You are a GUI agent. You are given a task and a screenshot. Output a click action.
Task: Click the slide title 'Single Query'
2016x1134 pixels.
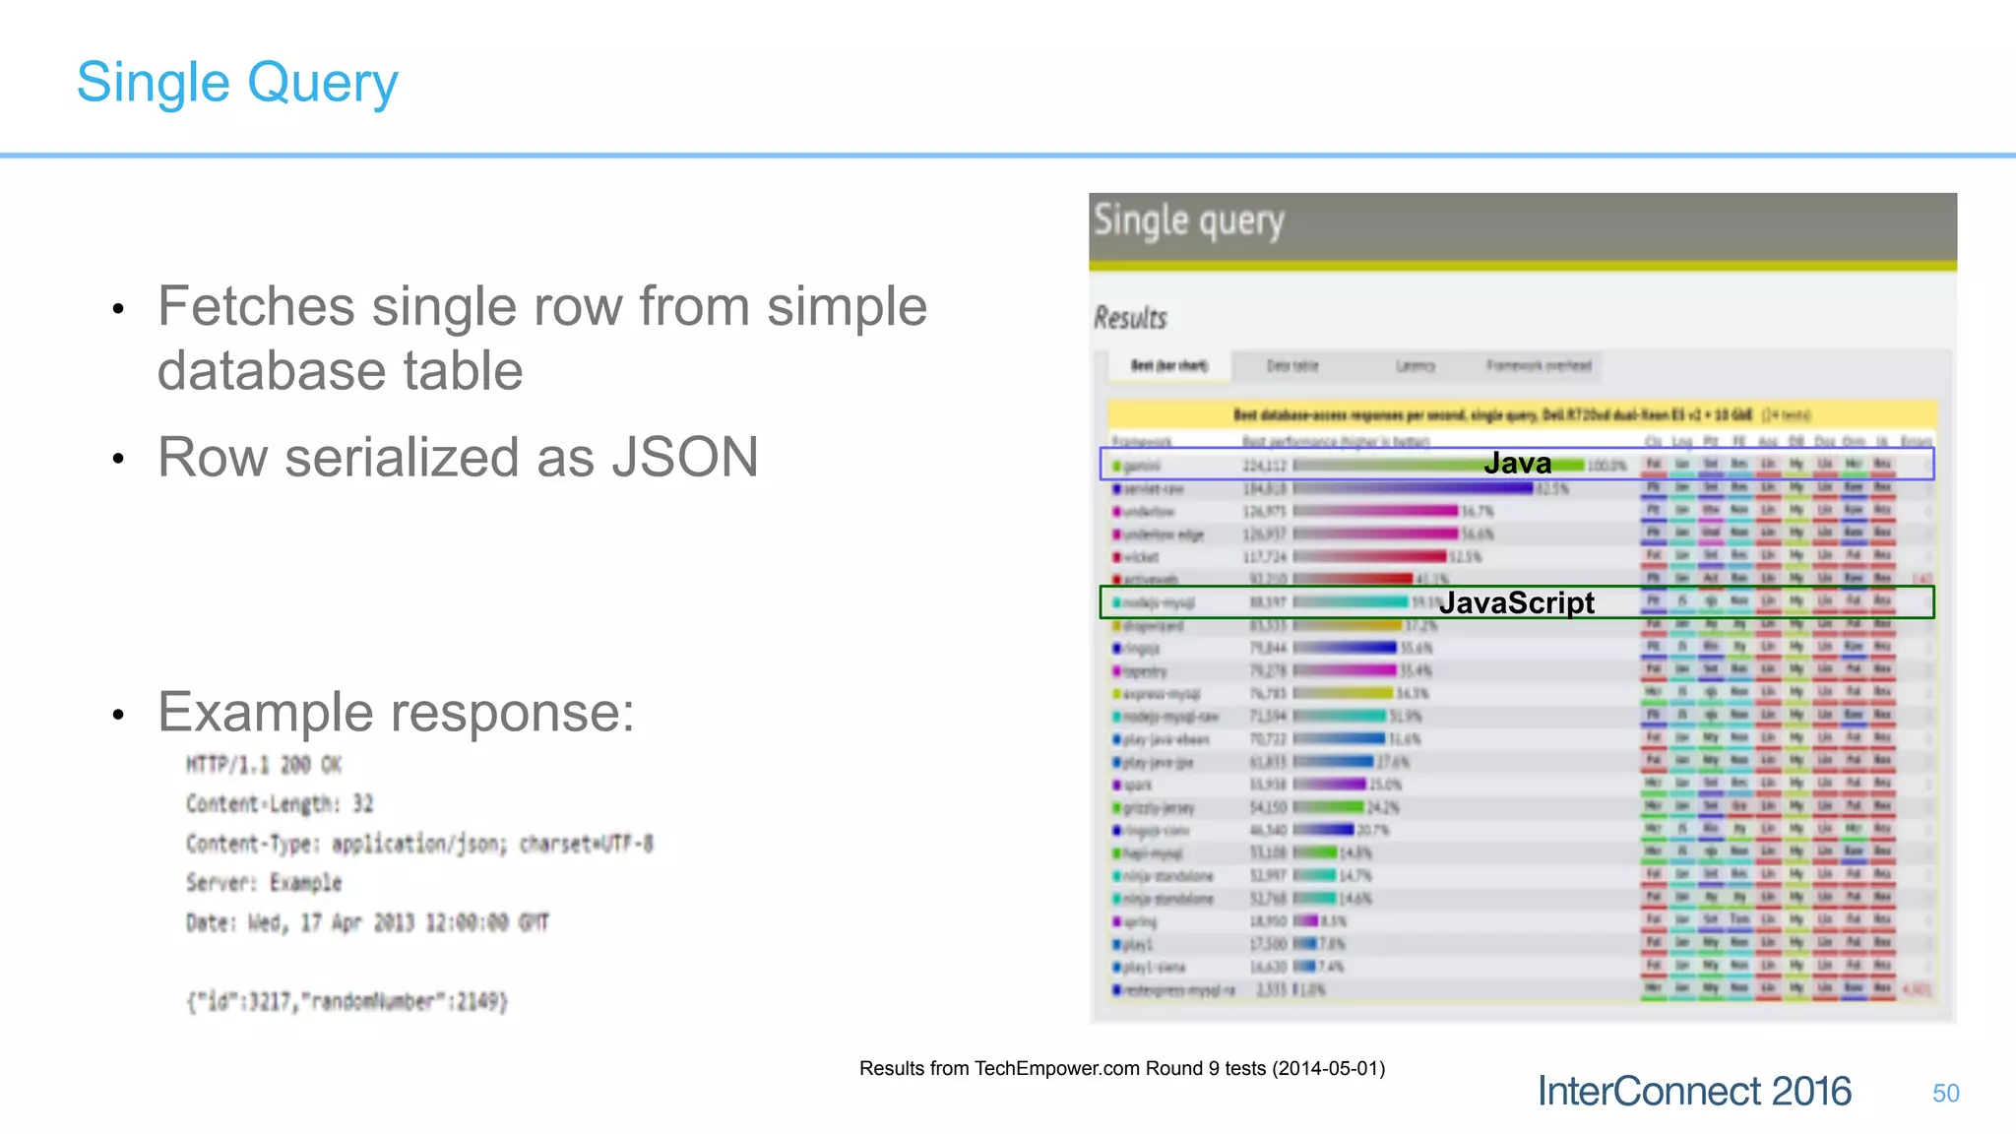(237, 83)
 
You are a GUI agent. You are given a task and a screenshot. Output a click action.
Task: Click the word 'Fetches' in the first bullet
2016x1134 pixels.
(255, 306)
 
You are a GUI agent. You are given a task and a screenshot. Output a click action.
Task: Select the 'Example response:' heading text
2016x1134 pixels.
(396, 713)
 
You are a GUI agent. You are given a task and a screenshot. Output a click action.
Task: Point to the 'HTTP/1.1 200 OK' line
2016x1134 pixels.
(264, 765)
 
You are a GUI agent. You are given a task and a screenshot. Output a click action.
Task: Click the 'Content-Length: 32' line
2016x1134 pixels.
(280, 804)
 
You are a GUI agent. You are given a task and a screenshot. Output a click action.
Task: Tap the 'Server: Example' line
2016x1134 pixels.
(264, 883)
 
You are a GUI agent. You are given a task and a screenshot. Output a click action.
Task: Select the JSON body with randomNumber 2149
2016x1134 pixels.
(346, 1002)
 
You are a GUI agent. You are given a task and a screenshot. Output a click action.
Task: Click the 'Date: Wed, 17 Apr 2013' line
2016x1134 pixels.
(367, 923)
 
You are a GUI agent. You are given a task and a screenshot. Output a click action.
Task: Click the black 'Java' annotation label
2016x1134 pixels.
(1517, 464)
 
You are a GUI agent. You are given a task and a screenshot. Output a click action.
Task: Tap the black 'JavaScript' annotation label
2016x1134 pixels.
(1516, 602)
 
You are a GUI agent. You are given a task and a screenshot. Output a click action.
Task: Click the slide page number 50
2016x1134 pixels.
(1945, 1094)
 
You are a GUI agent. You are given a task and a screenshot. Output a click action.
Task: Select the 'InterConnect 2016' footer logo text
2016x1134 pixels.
(1694, 1092)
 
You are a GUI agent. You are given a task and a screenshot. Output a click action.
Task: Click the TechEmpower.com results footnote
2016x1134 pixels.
(1121, 1069)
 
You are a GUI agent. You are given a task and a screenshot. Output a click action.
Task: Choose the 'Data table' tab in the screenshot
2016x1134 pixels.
(1291, 366)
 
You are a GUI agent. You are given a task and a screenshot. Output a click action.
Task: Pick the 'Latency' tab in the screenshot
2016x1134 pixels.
(1415, 366)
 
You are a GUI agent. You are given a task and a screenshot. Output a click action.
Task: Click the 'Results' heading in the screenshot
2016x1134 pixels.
(1130, 318)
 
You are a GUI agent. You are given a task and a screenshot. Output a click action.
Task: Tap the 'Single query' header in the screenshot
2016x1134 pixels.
(1188, 221)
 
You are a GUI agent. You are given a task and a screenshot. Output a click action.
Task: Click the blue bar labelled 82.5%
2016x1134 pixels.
(1413, 488)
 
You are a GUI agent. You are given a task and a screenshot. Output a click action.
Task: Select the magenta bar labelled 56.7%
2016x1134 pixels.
(1375, 511)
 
